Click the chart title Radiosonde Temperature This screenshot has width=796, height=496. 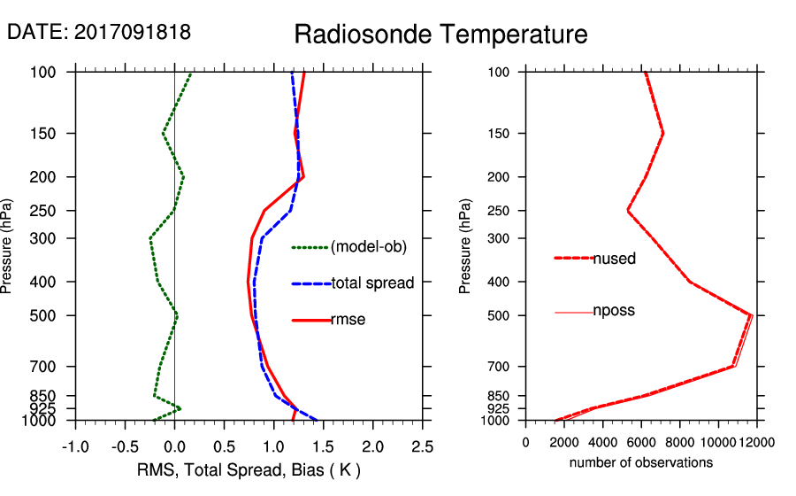pyautogui.click(x=440, y=35)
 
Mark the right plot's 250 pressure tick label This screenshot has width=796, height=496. pyautogui.click(x=500, y=211)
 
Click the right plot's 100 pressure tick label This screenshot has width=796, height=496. pyautogui.click(x=500, y=72)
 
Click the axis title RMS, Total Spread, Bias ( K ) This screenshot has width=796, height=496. pyautogui.click(x=249, y=469)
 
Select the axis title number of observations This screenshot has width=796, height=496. pyautogui.click(x=640, y=462)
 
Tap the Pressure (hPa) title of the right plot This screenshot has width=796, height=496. pyautogui.click(x=465, y=246)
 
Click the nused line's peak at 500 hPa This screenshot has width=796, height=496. pyautogui.click(x=752, y=315)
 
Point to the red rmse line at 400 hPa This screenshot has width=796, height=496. pyautogui.click(x=249, y=282)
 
